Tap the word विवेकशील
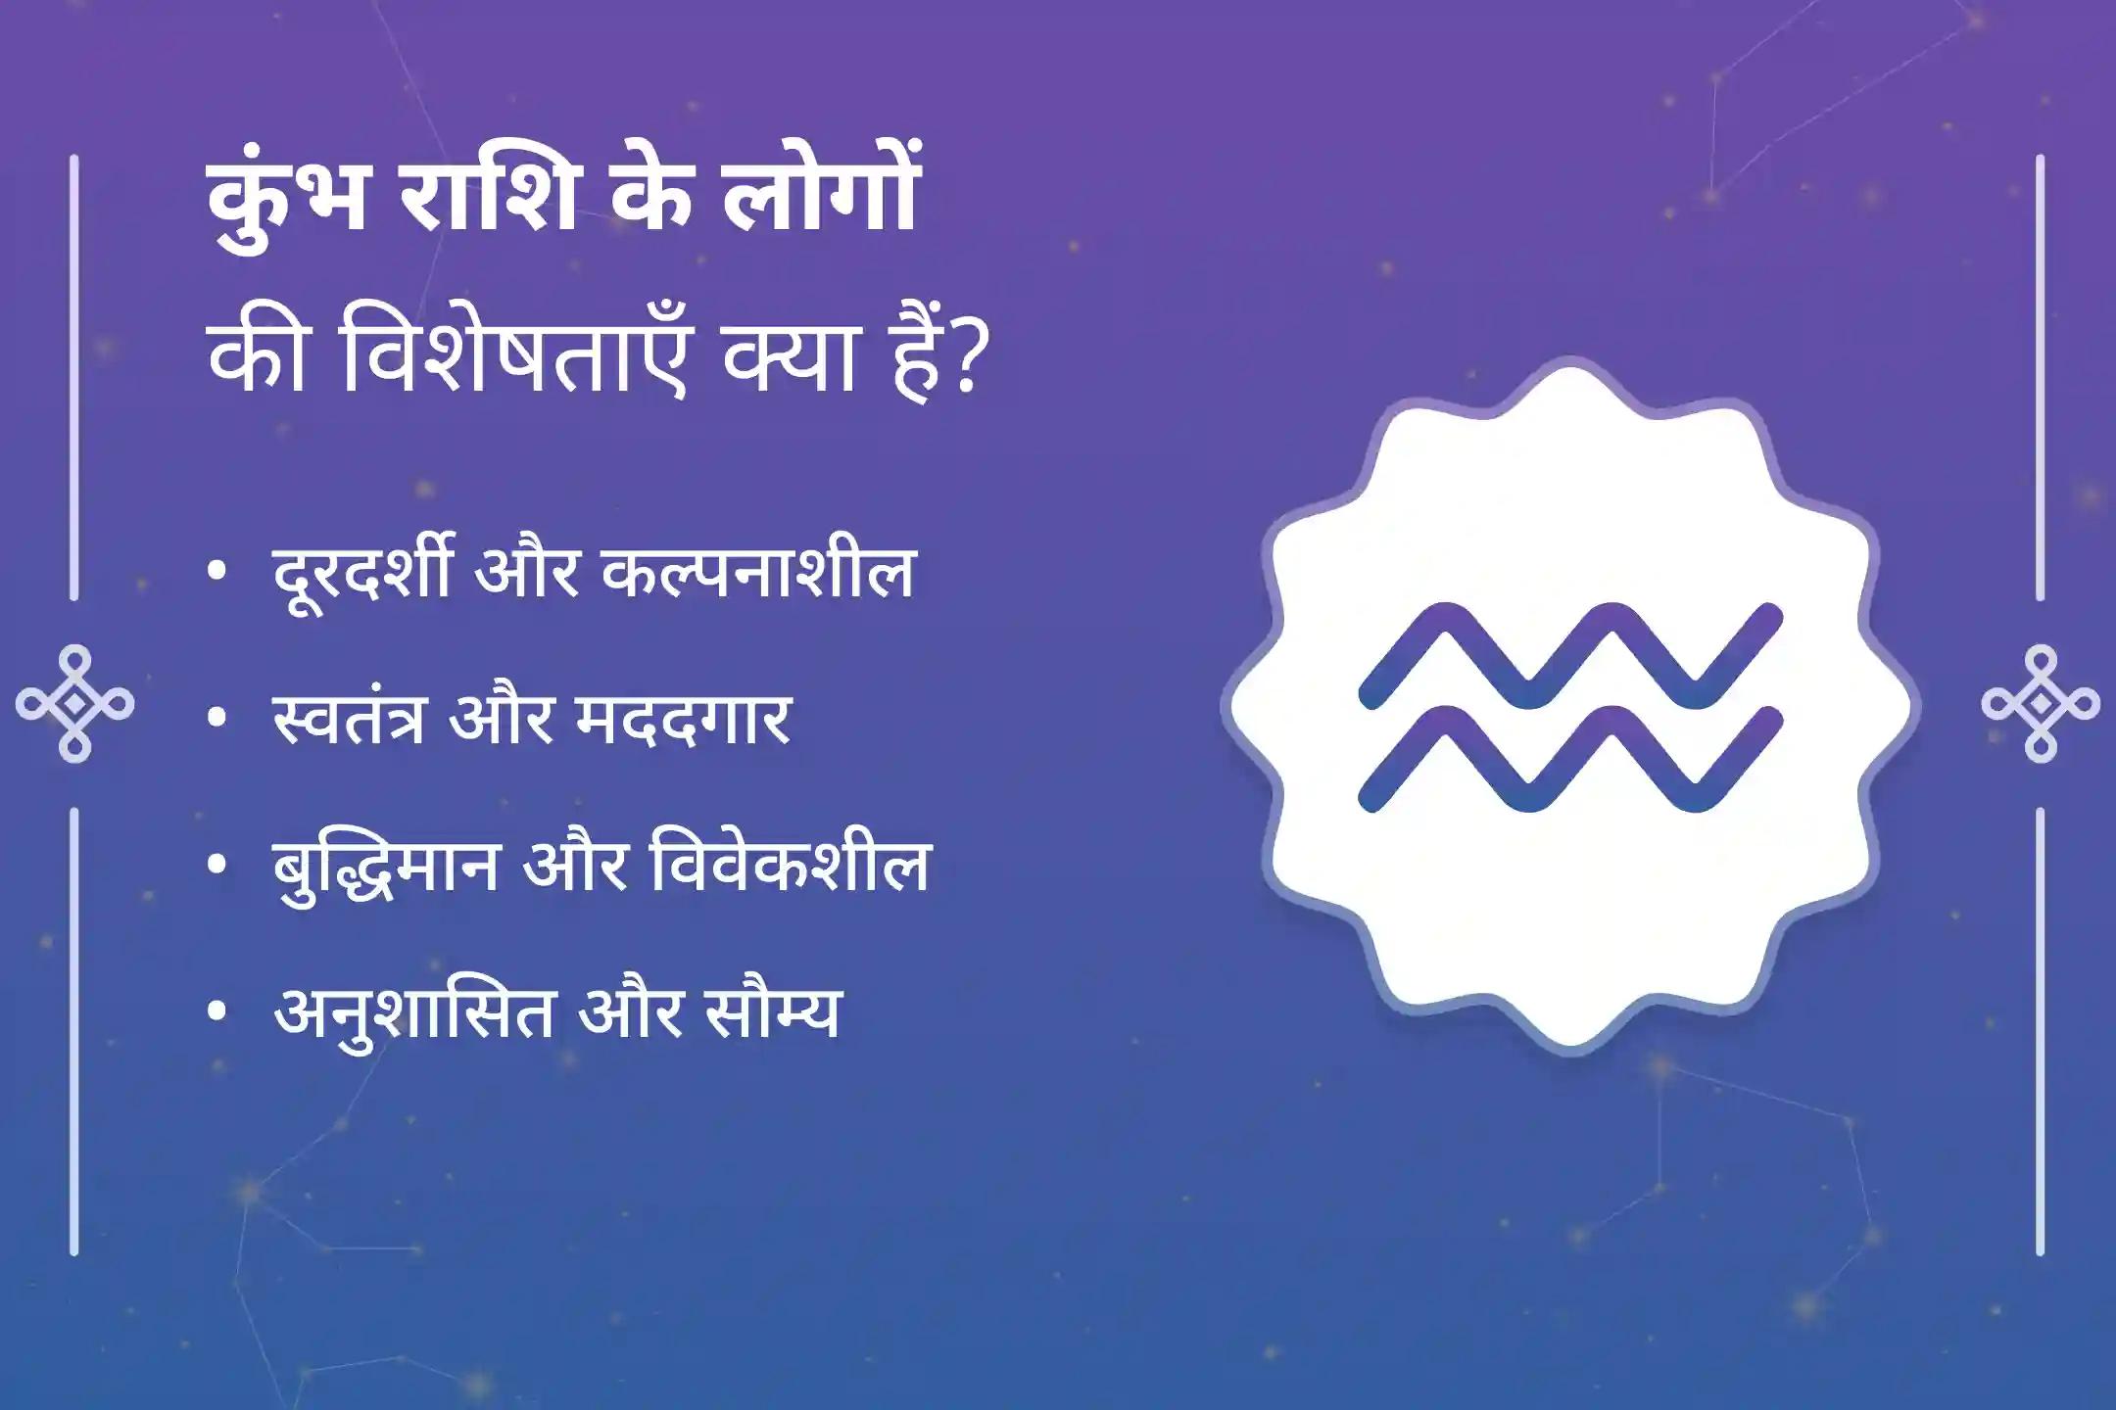tap(789, 867)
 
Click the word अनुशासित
tap(412, 1013)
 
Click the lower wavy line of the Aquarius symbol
tap(1570, 759)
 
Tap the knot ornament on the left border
tap(75, 703)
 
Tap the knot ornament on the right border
tap(2041, 703)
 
